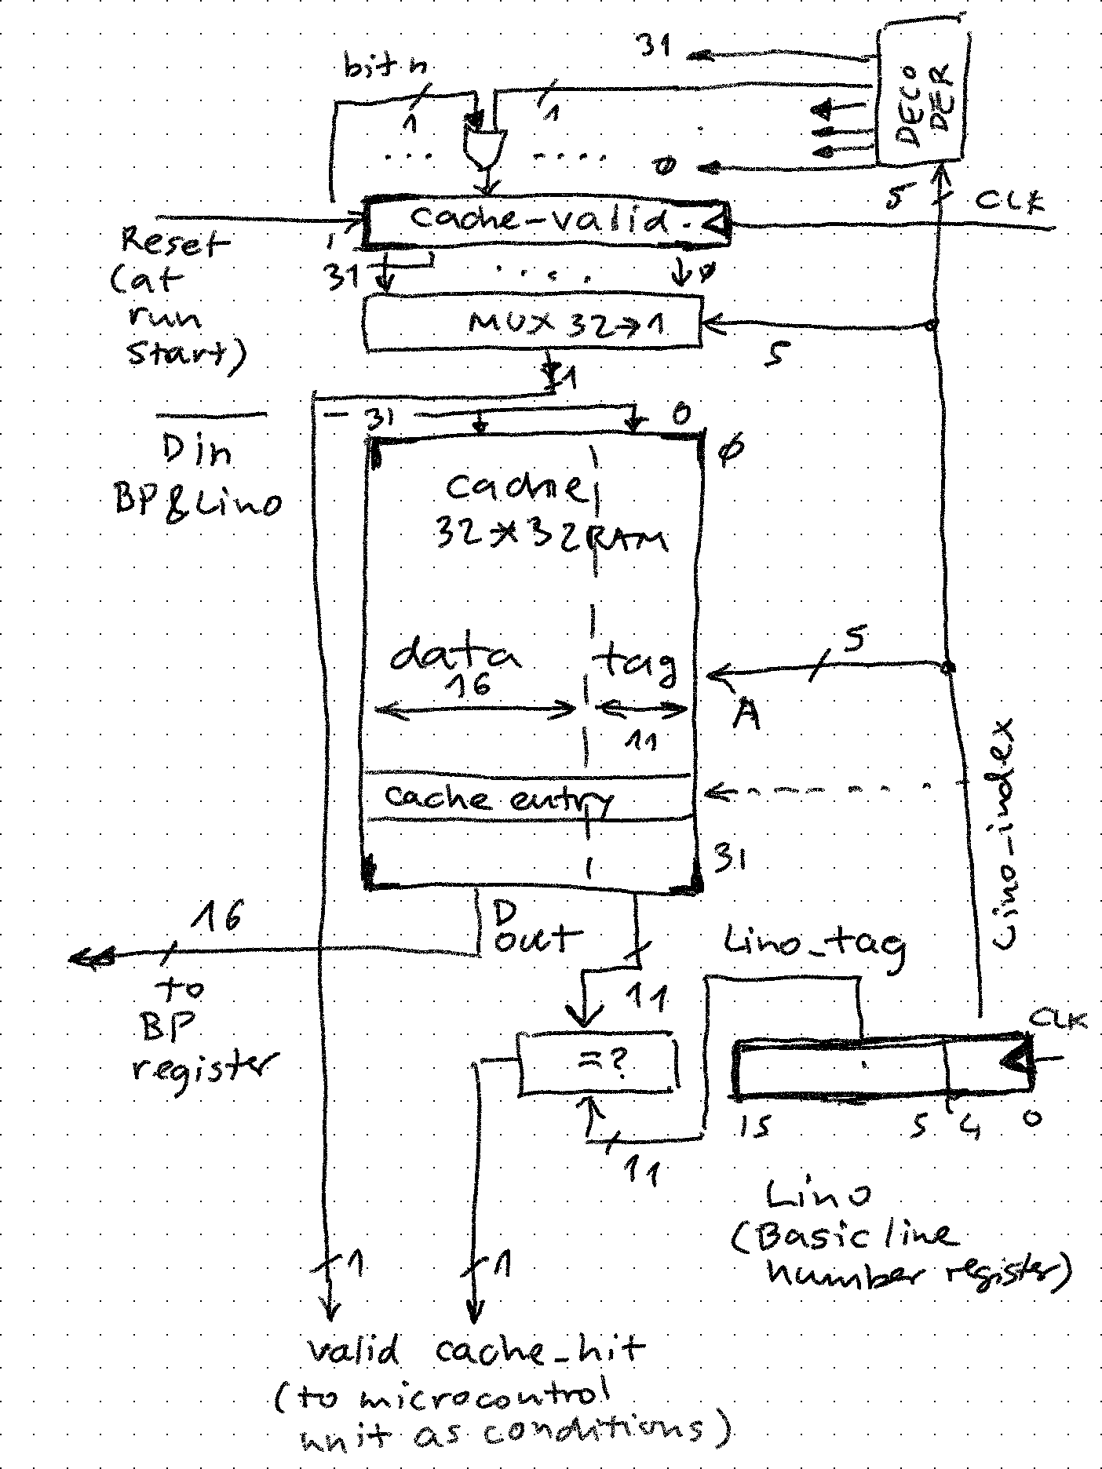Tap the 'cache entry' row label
coord(498,798)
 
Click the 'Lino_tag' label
coord(812,944)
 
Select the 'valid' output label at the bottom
coord(352,1351)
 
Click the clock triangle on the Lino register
coord(1016,1059)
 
